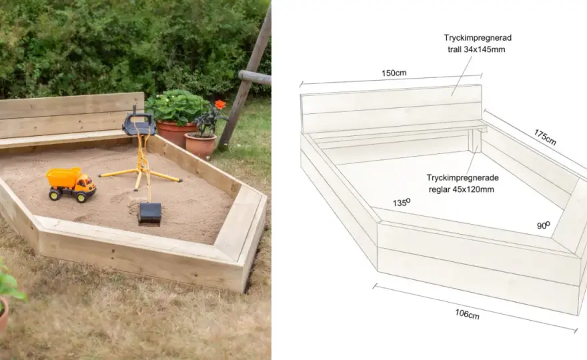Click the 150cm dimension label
(394, 73)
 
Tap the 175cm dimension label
(545, 137)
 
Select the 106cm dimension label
(467, 314)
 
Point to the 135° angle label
(402, 203)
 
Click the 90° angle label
(544, 225)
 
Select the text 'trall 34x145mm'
(476, 49)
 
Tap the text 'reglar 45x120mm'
(461, 189)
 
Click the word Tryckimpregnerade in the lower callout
(462, 177)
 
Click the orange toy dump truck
(71, 184)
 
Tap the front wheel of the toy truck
(82, 197)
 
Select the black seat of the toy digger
(138, 124)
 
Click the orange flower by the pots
(220, 105)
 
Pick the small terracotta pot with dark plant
(200, 145)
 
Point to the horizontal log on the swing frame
(254, 77)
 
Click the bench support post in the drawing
(474, 141)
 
